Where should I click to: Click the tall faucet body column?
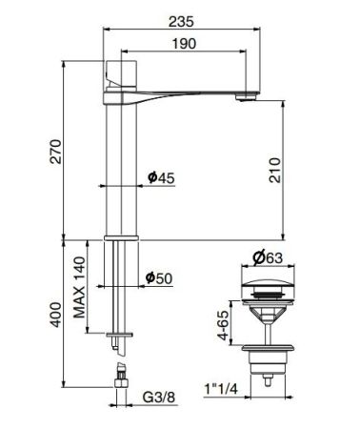[x=117, y=162]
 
